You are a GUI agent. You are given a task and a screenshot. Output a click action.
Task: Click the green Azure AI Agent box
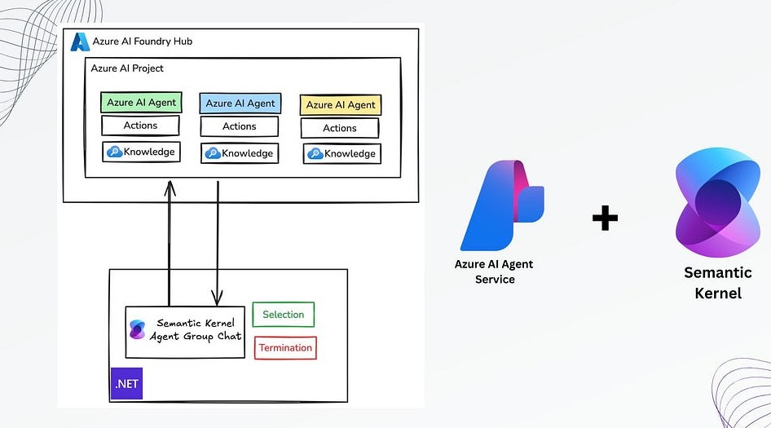pos(141,103)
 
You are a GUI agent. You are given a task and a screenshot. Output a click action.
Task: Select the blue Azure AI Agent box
pos(240,104)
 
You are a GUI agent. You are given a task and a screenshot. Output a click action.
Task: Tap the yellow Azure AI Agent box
pos(341,105)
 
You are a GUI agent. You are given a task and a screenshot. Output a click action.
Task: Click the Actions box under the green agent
pos(140,126)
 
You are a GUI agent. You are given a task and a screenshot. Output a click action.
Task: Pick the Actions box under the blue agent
pos(239,126)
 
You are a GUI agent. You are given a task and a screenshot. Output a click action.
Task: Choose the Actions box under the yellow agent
pos(339,128)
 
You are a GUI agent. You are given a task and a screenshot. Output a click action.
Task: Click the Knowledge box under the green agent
pos(140,152)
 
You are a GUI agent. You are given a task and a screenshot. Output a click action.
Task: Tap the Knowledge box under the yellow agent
pos(341,153)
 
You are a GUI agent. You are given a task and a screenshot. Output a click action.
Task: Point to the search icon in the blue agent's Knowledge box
pos(213,153)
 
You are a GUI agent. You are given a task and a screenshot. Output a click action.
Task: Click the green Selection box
pos(283,315)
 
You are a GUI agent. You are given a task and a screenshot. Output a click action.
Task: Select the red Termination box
pos(285,348)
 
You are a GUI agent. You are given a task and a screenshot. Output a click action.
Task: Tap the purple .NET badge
pos(126,383)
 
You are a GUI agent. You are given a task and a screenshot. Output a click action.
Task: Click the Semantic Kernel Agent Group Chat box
pos(185,331)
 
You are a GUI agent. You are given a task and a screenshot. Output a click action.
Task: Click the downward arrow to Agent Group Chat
pos(218,245)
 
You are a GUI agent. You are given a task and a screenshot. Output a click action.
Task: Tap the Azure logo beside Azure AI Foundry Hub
pos(79,42)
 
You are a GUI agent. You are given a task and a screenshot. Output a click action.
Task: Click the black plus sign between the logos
pos(604,218)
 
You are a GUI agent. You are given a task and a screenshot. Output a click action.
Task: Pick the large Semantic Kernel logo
pos(717,203)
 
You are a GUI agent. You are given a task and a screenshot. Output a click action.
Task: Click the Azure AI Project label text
pos(127,68)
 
